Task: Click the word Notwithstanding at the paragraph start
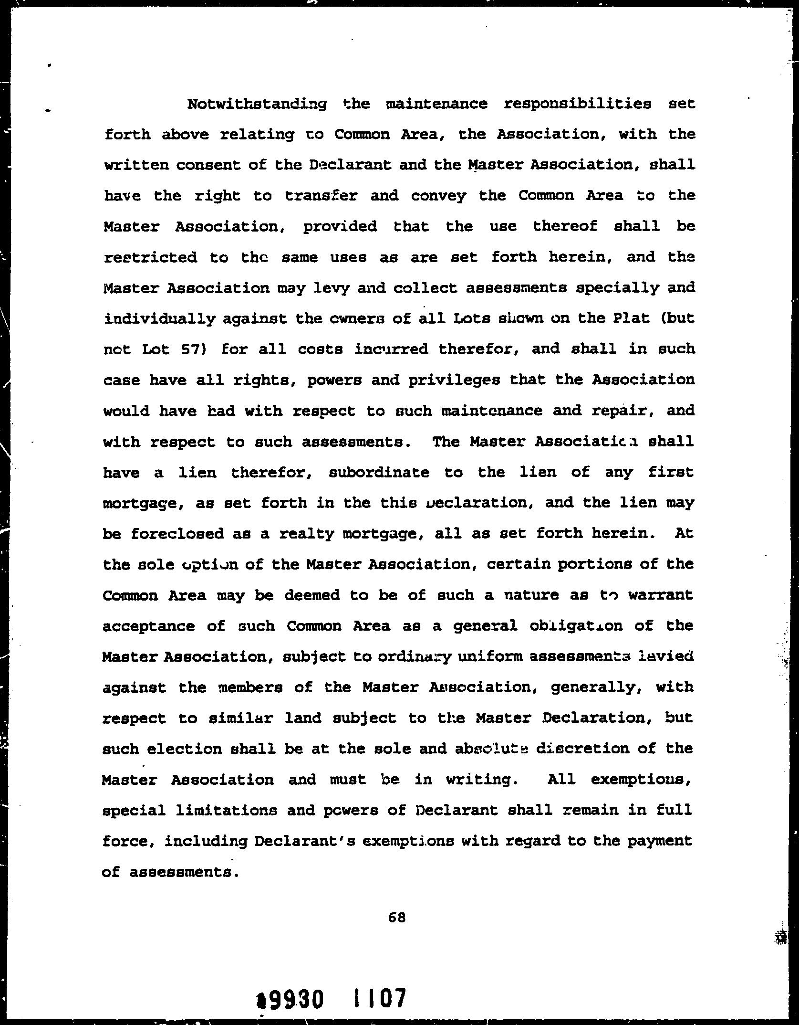(x=257, y=105)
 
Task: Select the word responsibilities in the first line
(x=577, y=105)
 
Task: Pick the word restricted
(x=150, y=258)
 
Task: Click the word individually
(x=159, y=319)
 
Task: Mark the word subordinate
(x=379, y=473)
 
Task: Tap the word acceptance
(x=148, y=626)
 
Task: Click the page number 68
(x=397, y=917)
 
